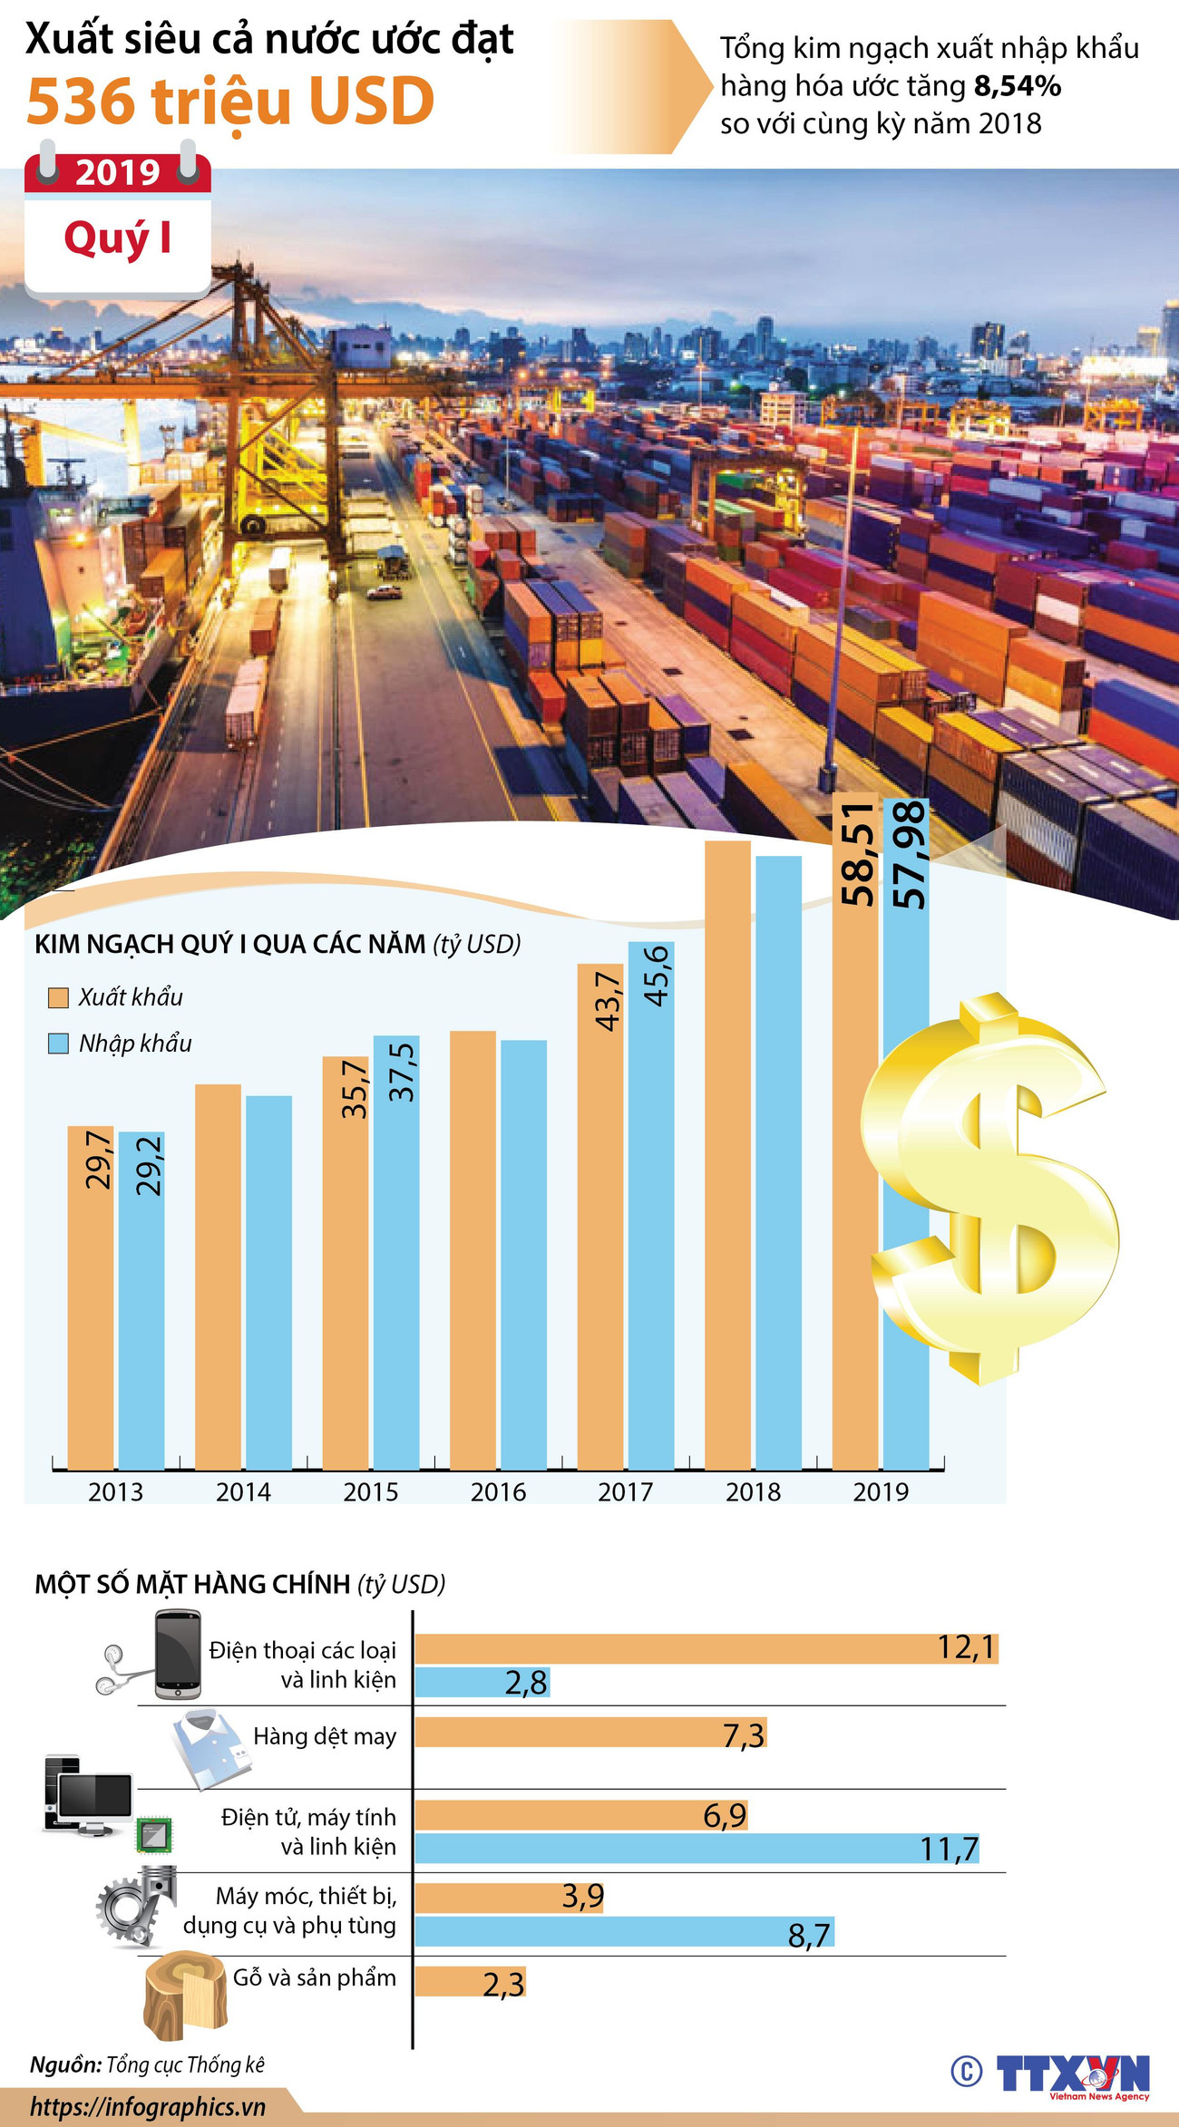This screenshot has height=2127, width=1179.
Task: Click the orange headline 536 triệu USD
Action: click(230, 102)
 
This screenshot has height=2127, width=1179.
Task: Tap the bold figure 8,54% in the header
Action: click(1017, 86)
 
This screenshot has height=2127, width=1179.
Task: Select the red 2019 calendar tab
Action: click(118, 171)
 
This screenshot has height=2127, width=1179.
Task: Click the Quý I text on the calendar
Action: click(118, 238)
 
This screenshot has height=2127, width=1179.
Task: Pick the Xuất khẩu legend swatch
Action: click(58, 997)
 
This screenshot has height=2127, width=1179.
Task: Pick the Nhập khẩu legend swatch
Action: click(58, 1044)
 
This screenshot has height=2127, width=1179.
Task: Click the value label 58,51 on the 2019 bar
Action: click(857, 853)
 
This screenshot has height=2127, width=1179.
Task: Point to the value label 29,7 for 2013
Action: click(98, 1160)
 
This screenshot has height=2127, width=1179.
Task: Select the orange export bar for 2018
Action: click(727, 1151)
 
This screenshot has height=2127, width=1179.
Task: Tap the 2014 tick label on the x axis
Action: click(243, 1491)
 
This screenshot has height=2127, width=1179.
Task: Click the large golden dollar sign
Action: click(989, 1188)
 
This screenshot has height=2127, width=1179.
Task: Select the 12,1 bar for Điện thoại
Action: click(706, 1648)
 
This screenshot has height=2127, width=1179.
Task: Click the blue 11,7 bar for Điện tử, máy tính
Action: click(698, 1849)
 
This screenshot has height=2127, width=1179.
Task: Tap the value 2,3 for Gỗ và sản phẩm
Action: click(503, 1985)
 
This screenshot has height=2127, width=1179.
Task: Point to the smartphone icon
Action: click(177, 1654)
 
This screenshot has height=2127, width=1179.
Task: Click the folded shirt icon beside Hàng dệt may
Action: click(210, 1746)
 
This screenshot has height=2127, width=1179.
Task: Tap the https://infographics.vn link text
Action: click(148, 2106)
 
